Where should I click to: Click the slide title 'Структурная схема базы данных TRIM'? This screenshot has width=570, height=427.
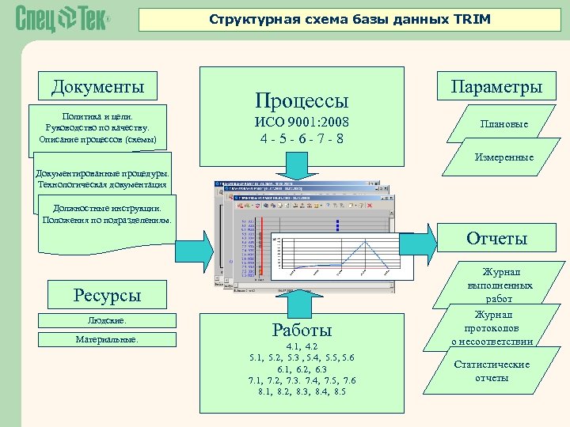pyautogui.click(x=349, y=18)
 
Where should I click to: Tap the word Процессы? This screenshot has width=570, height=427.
pyautogui.click(x=301, y=100)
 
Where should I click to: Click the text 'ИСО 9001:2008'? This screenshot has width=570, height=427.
pyautogui.click(x=301, y=123)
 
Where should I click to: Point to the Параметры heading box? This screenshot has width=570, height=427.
pyautogui.click(x=496, y=86)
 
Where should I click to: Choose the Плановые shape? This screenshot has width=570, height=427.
pyautogui.click(x=504, y=124)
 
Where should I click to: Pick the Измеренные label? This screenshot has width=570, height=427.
pyautogui.click(x=504, y=158)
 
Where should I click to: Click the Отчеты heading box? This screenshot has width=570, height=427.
pyautogui.click(x=496, y=238)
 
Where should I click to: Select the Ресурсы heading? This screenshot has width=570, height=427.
pyautogui.click(x=107, y=296)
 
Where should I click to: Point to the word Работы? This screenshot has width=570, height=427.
pyautogui.click(x=301, y=330)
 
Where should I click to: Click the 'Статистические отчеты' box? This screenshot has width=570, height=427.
pyautogui.click(x=491, y=371)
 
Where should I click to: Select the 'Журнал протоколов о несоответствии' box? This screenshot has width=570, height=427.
pyautogui.click(x=492, y=328)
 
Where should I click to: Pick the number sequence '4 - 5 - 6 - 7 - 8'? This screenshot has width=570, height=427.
pyautogui.click(x=301, y=140)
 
